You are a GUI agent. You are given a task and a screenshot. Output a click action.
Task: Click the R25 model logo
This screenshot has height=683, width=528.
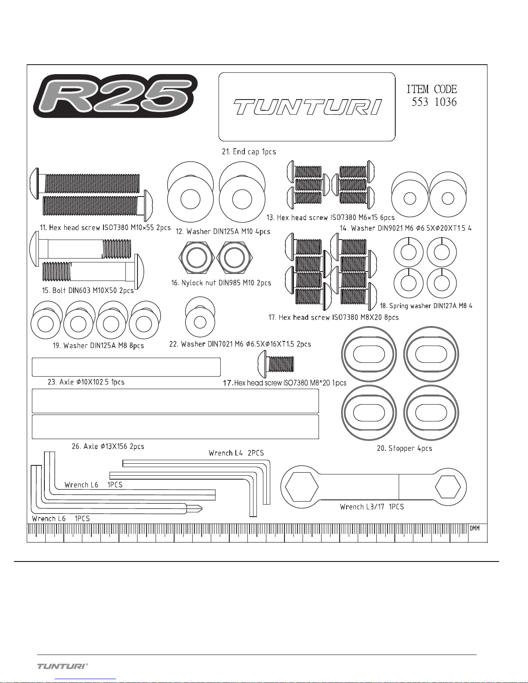click(x=116, y=96)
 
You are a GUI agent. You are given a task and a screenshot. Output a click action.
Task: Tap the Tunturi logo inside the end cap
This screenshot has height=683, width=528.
click(x=307, y=107)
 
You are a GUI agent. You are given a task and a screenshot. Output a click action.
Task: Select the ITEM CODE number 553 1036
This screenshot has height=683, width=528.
click(x=434, y=102)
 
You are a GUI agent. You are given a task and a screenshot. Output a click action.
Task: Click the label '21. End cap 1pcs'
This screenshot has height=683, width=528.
click(x=249, y=152)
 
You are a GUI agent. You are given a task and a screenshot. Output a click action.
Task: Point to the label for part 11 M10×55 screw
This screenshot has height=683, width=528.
click(x=105, y=227)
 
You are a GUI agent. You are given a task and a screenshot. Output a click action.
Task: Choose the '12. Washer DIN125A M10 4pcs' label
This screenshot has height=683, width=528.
click(x=223, y=231)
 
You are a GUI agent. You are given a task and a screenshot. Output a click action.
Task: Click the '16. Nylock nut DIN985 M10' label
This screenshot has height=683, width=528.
click(x=221, y=283)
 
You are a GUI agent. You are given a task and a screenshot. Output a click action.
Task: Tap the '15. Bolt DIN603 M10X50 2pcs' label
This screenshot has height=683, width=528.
click(x=88, y=290)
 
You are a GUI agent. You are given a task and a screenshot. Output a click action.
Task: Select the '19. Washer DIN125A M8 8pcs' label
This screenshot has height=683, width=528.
click(x=98, y=346)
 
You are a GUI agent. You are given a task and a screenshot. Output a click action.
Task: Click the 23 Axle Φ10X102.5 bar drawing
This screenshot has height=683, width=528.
click(x=126, y=367)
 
